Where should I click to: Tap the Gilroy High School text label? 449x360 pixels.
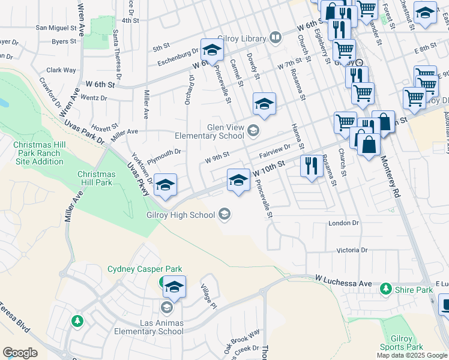click(x=180, y=215)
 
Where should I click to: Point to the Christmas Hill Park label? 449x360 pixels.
click(x=95, y=178)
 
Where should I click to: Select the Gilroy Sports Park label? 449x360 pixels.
click(x=402, y=343)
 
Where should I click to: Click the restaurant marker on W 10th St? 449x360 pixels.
click(x=310, y=166)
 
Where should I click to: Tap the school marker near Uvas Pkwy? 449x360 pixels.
click(x=165, y=185)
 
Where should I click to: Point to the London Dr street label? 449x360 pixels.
click(x=343, y=223)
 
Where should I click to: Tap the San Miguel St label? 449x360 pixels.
click(x=57, y=28)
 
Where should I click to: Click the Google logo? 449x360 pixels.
click(x=20, y=353)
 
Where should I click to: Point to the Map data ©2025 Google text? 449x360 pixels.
click(x=412, y=355)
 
